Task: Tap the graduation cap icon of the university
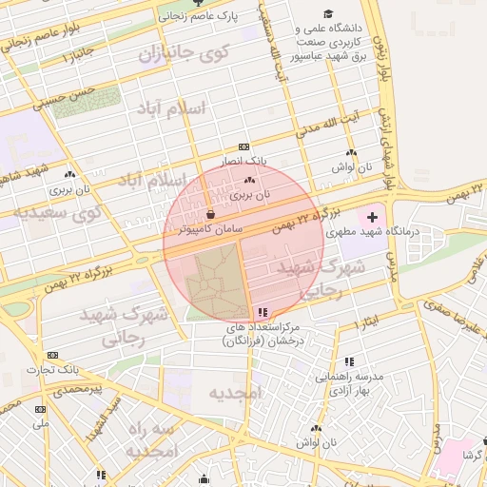point(328,13)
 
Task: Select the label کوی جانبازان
point(185,54)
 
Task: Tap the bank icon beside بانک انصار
point(244,147)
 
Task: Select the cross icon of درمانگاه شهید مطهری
point(372,218)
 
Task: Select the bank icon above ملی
point(40,409)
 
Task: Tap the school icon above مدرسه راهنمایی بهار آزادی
point(349,361)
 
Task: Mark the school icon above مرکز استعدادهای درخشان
point(262,311)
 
